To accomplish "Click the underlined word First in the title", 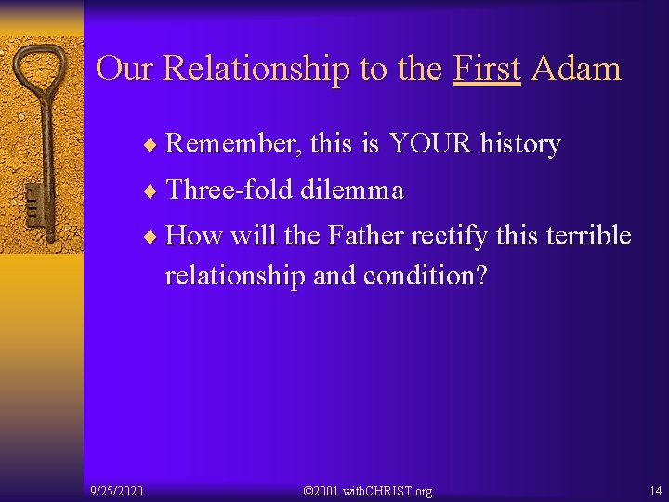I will [x=487, y=69].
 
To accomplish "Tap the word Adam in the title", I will [x=576, y=69].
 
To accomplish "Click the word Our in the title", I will [x=125, y=69].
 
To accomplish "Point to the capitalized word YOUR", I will [x=431, y=144].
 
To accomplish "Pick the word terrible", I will [x=587, y=236].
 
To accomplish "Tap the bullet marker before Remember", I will [x=152, y=145].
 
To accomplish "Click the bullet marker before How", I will [x=152, y=237].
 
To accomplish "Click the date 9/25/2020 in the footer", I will [x=116, y=490].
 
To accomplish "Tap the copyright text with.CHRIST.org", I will [x=370, y=490].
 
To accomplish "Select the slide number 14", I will [x=655, y=490].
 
